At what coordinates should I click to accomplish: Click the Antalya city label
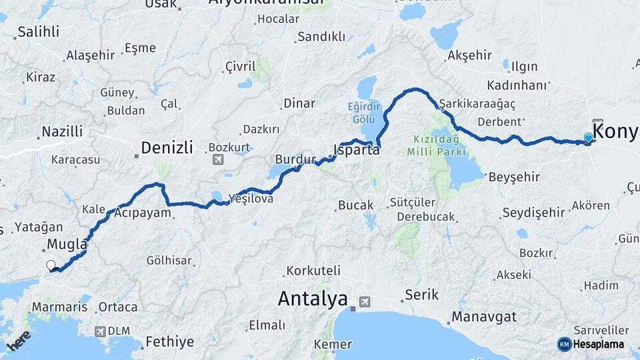coord(313,299)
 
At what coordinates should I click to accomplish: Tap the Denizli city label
coord(167,147)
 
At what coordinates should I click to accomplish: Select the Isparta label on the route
coord(357,150)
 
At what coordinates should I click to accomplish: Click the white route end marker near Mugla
coord(51,265)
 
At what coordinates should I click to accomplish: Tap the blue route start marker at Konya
coord(588,138)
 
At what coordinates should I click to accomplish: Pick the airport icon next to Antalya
coord(364,302)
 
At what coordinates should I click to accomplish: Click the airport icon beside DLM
coord(100,331)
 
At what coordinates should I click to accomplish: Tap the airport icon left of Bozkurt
coord(217,160)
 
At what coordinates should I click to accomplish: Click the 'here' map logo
coord(19,343)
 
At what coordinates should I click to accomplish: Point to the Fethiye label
coord(170,342)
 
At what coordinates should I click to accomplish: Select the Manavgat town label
coord(483,316)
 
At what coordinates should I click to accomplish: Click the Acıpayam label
coord(143,213)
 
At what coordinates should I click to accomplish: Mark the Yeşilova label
coord(251,198)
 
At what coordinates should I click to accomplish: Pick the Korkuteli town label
coord(313,271)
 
